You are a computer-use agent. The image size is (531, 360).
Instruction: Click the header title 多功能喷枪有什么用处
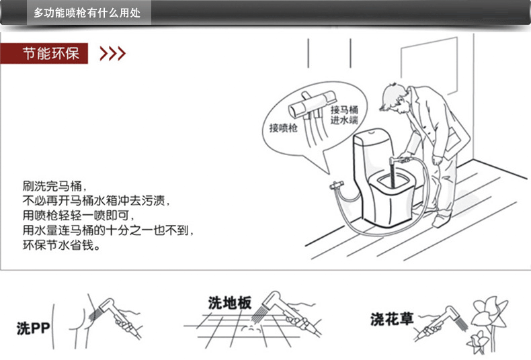[x=87, y=13]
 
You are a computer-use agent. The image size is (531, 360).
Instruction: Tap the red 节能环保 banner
[x=46, y=53]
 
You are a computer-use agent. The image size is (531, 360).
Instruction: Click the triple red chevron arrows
[x=112, y=54]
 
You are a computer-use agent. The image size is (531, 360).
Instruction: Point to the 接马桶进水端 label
[x=343, y=115]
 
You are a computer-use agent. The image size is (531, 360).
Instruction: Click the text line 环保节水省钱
[x=61, y=246]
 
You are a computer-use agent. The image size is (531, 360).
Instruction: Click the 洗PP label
[x=34, y=328]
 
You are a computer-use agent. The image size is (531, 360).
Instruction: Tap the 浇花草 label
[x=392, y=319]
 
